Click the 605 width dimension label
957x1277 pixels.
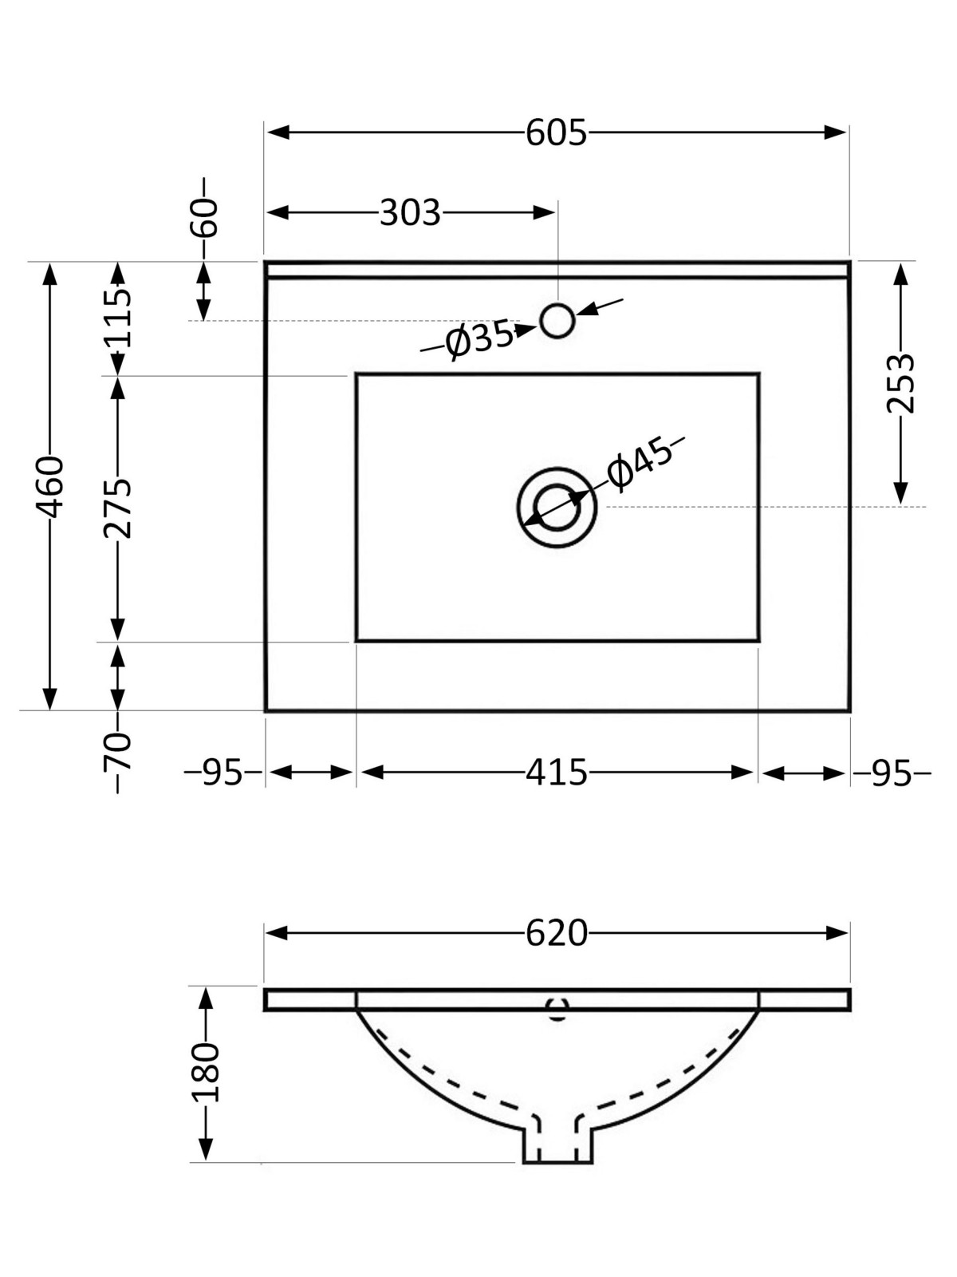coord(556,133)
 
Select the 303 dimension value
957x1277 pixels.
coord(409,213)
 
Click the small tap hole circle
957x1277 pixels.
coord(557,321)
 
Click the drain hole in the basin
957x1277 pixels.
coord(557,508)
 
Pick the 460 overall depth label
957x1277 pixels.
coord(50,486)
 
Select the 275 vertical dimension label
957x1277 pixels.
coord(118,508)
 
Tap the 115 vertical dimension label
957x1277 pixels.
coord(118,318)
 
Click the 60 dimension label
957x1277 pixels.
coord(204,217)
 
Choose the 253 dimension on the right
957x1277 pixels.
coord(901,383)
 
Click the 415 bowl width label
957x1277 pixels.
coord(556,773)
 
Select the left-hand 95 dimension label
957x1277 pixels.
coord(222,773)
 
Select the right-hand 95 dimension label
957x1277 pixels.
coord(891,773)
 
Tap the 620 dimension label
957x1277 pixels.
coord(556,933)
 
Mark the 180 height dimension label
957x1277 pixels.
coord(206,1072)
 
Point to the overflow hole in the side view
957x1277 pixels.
coord(557,1010)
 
